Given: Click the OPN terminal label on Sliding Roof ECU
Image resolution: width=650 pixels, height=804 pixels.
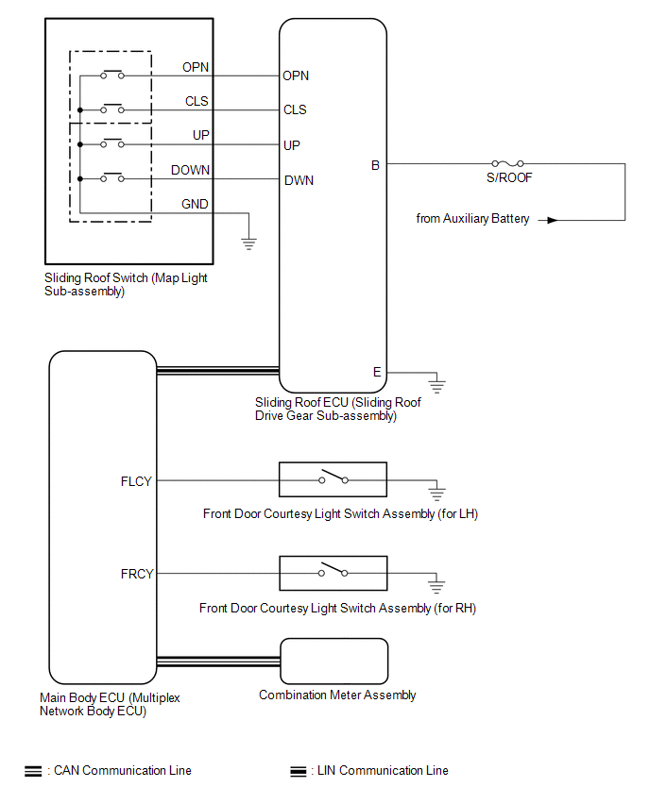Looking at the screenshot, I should pos(296,76).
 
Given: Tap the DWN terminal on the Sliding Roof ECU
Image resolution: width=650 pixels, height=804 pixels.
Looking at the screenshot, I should pos(299,180).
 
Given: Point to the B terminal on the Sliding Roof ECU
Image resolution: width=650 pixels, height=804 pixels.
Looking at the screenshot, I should pos(375,165).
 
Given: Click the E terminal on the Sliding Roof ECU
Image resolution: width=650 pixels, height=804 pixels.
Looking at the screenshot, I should pos(377,372).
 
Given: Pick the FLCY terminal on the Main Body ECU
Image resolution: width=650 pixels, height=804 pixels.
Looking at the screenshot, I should pos(137,480).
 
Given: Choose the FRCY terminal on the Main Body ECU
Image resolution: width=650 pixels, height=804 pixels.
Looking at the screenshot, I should pos(137,574).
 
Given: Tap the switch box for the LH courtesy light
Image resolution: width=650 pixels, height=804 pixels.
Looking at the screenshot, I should pos(333,479).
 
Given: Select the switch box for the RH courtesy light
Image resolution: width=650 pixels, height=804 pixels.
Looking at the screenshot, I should pos(333,573).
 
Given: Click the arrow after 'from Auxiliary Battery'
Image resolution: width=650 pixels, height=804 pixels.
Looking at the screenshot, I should pos(548,220).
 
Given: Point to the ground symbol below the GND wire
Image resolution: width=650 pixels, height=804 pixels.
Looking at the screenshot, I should pos(249,243).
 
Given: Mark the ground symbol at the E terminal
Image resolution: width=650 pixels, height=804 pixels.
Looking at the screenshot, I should pos(437,384).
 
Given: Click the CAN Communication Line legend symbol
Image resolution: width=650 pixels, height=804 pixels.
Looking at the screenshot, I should pos(32,771).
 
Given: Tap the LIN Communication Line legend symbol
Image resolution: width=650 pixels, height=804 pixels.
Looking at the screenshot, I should pos(299,771).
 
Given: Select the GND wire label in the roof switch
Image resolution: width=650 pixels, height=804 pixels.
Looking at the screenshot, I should pos(196,204).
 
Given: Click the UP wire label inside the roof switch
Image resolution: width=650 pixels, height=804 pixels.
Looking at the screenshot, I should pos(200,136).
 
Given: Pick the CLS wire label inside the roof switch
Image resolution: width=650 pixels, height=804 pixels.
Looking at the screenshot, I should pos(197,101).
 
